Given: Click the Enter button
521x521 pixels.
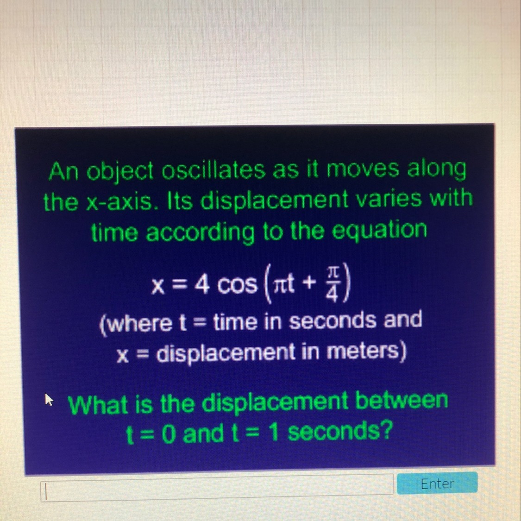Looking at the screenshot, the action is (x=437, y=483).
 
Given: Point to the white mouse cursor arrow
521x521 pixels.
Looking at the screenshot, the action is (x=49, y=399).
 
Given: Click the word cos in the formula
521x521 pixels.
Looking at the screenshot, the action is (x=237, y=286).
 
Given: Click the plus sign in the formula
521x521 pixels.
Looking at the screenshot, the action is (x=309, y=283).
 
